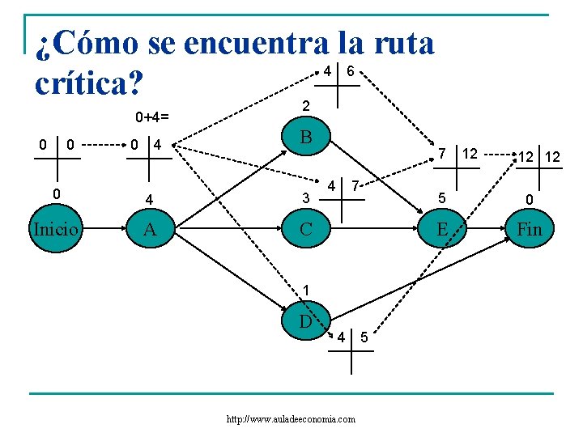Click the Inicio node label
55,229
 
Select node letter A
149,229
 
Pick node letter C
305,229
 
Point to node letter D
305,320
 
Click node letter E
442,229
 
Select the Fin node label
530,229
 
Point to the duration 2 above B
305,106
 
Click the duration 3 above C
305,198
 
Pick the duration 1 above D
305,290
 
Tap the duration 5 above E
442,198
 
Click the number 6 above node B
350,71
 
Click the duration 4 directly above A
149,198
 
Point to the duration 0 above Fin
529,198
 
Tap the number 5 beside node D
364,337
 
